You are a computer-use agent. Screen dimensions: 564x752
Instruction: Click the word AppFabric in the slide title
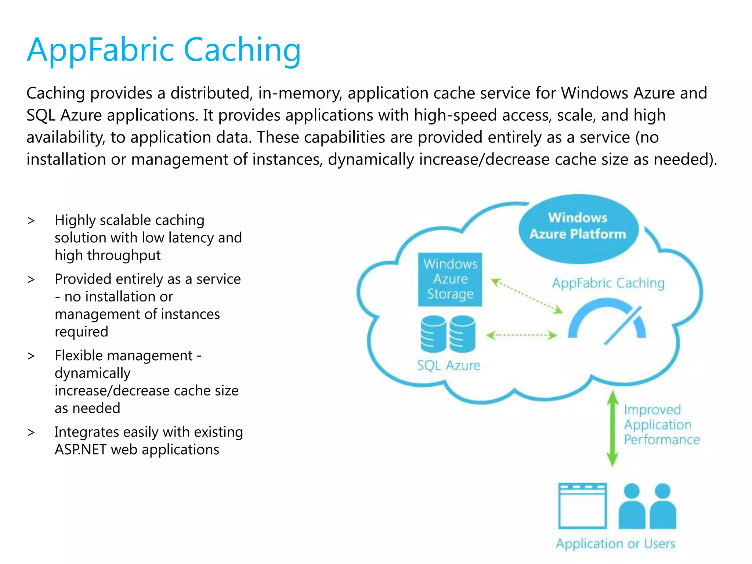100,50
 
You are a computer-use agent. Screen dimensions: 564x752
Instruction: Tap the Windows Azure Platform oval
578,228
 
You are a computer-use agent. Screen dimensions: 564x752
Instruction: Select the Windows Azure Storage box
450,279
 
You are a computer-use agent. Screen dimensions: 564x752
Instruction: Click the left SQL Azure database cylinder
433,334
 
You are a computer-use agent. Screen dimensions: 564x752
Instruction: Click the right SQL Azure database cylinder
463,334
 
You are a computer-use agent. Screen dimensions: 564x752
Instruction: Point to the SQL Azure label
448,365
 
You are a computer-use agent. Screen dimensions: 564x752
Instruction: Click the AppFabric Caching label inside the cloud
608,283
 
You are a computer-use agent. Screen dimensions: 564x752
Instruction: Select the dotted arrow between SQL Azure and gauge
521,335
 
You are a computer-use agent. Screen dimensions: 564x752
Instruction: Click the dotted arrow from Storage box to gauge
527,296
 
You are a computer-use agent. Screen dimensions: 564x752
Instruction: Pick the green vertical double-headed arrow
612,428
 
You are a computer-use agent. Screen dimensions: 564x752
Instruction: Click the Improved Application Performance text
661,425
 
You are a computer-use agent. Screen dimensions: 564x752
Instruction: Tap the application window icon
582,506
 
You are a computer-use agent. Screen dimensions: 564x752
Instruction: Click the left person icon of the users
632,507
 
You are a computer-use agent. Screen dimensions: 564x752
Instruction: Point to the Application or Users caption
615,543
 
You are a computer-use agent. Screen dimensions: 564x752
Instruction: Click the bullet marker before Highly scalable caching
31,221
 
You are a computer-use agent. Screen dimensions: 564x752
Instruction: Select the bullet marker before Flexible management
31,356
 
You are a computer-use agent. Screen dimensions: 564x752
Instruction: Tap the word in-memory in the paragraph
300,93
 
